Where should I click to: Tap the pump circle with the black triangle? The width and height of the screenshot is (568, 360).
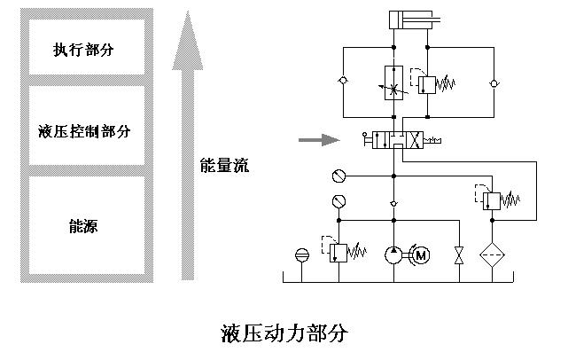(x=393, y=255)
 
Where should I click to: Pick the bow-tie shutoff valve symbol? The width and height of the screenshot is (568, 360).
(x=458, y=255)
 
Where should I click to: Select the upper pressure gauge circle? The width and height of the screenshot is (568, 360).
(x=336, y=173)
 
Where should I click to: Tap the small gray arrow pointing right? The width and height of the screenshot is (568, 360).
(x=318, y=139)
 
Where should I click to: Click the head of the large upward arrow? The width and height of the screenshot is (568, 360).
(x=188, y=40)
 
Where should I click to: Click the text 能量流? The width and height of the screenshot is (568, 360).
(x=225, y=165)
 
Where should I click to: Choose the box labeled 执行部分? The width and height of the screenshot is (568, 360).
(x=85, y=46)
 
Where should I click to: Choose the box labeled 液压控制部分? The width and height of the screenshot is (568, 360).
(x=85, y=131)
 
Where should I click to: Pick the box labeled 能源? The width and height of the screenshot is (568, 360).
(x=85, y=226)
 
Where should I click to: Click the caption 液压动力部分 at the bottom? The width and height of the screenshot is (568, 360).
(x=284, y=334)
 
